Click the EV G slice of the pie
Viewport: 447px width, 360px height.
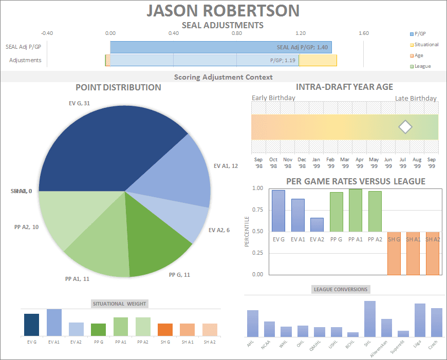tap(103, 149)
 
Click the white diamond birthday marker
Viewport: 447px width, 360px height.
tap(406, 127)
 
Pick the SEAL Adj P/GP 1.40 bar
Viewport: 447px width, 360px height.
tap(221, 47)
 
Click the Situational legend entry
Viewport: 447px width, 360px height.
tap(426, 45)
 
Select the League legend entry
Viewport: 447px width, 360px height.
tap(422, 66)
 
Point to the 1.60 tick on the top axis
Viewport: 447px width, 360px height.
tap(363, 33)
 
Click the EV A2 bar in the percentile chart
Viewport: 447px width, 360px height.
tap(317, 225)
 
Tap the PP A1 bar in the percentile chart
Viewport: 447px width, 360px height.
tap(355, 211)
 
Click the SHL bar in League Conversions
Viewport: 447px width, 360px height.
tap(370, 318)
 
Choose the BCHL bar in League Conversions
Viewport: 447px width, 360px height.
tap(353, 334)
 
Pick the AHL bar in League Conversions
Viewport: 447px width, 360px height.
tap(252, 323)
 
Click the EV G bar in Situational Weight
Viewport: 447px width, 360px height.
tap(31, 325)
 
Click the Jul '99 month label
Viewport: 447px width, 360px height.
tap(402, 163)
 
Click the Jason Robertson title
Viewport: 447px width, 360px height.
tap(223, 11)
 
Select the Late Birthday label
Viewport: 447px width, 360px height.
tap(416, 98)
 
